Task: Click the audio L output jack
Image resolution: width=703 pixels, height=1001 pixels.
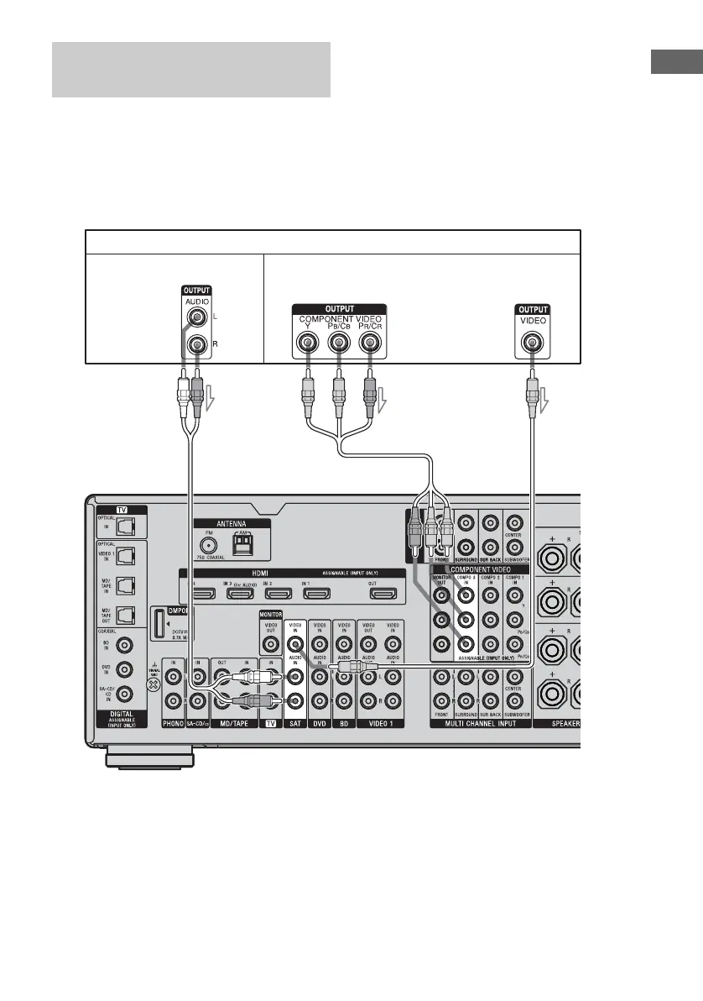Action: tap(198, 318)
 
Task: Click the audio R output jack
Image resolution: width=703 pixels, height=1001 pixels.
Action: tap(198, 344)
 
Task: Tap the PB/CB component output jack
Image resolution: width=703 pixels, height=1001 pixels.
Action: tap(338, 343)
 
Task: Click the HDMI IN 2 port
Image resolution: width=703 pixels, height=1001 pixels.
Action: tap(276, 594)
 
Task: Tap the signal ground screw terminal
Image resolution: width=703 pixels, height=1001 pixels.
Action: tap(153, 684)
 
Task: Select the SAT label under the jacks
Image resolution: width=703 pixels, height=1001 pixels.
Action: tap(295, 723)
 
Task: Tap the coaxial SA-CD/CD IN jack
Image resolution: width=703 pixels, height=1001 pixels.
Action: tap(125, 694)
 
